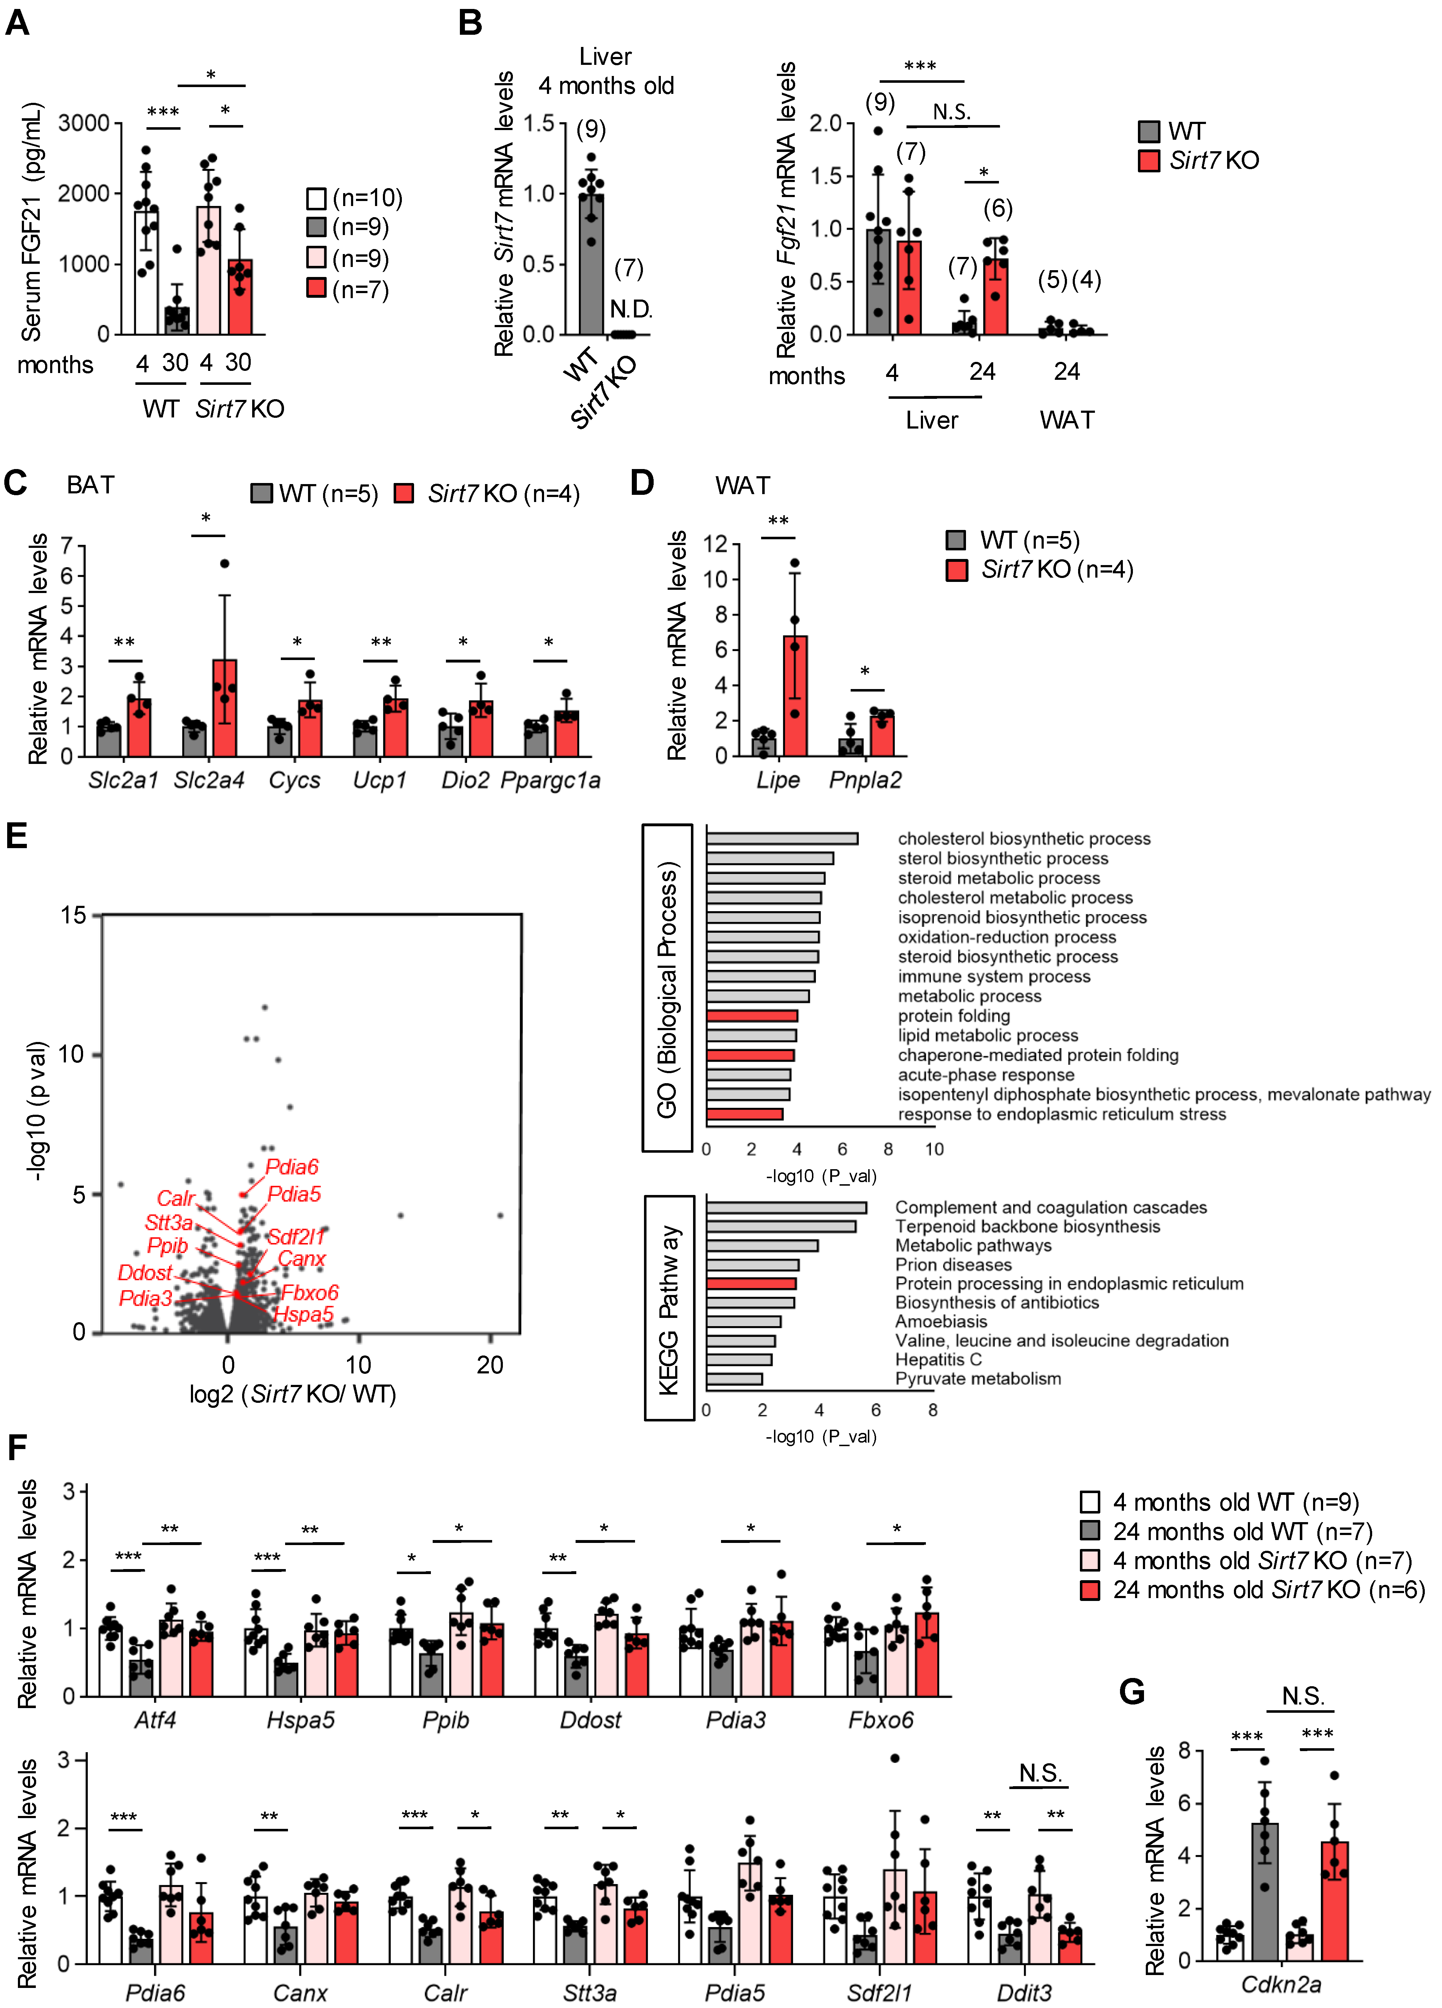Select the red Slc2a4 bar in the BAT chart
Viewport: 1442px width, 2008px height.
point(224,708)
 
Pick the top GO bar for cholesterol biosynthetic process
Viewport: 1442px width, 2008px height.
point(782,838)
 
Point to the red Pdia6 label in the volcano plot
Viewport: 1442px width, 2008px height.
point(292,1167)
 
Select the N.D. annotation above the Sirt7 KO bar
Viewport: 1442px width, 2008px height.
point(631,309)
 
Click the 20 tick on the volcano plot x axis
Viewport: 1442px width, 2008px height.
point(490,1364)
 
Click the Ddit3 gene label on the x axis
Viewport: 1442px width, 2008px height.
point(1024,1992)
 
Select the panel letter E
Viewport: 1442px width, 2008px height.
point(17,835)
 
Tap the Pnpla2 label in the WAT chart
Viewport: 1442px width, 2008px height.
point(865,780)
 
